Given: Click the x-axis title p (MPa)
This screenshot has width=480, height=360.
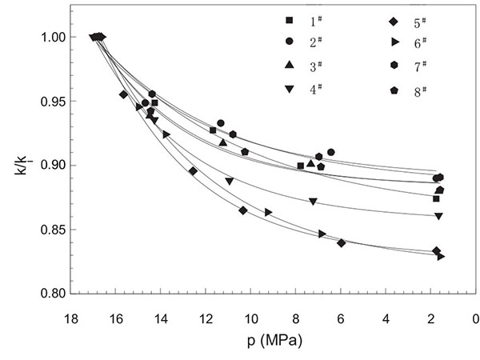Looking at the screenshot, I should pos(273,339).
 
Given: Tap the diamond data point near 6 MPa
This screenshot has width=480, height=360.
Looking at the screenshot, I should pos(342,243).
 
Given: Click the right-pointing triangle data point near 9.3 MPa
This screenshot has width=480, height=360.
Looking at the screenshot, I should pos(269,213).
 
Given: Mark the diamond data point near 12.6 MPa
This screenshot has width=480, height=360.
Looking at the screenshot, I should pos(193,171).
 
